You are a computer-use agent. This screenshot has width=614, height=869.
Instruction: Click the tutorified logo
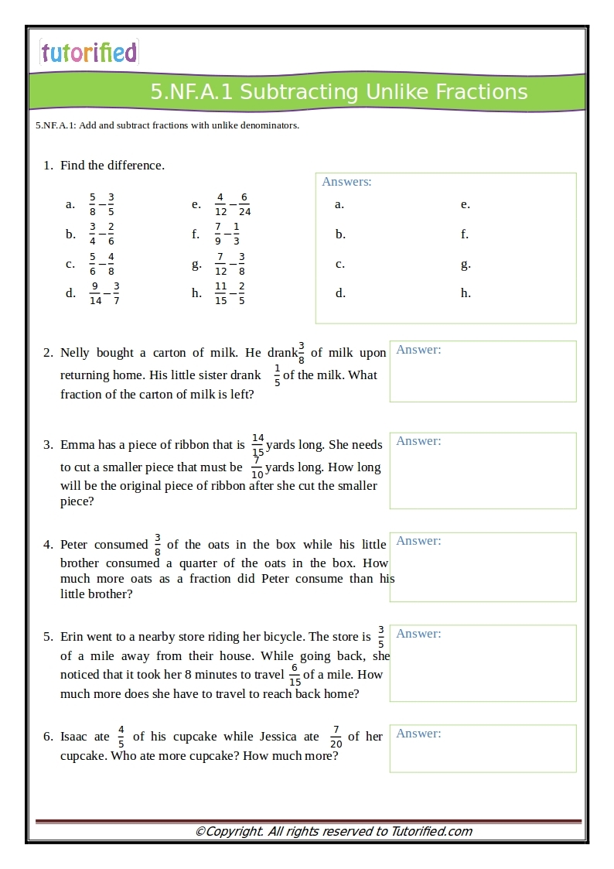click(x=89, y=52)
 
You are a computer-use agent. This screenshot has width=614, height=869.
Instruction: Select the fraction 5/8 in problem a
click(x=93, y=204)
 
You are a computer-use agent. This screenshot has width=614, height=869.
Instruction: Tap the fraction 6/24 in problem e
click(x=244, y=204)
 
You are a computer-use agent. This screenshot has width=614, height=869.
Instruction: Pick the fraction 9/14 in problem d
click(x=95, y=293)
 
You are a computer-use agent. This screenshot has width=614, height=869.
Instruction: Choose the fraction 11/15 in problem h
click(x=221, y=293)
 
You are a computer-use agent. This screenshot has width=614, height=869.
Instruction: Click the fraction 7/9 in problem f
click(x=218, y=234)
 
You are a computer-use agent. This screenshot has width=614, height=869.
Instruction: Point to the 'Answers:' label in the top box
click(x=346, y=182)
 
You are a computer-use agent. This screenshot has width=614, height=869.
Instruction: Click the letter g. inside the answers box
click(x=466, y=264)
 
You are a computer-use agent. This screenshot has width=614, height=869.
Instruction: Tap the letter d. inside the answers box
click(x=339, y=293)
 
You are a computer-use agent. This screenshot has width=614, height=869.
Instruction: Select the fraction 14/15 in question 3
click(x=258, y=445)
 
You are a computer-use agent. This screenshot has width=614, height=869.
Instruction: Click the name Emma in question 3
click(x=76, y=445)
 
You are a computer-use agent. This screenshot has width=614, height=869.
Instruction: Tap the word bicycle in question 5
click(x=282, y=637)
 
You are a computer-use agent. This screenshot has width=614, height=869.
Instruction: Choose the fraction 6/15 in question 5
click(x=295, y=675)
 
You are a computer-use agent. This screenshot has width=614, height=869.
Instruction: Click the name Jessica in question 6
click(x=281, y=737)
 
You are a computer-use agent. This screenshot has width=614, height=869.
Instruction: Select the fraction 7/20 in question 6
click(x=336, y=737)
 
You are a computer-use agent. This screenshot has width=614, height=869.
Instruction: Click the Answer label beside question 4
click(x=418, y=541)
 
